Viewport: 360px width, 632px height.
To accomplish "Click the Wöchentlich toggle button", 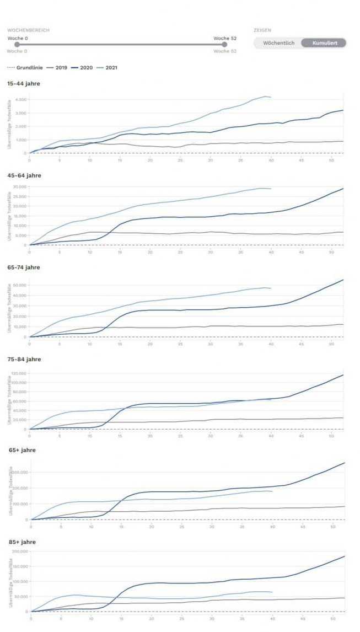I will click(278, 43).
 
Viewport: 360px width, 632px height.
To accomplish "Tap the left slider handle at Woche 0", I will click(17, 45).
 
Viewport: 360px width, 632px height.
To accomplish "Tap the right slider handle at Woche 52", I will click(224, 45).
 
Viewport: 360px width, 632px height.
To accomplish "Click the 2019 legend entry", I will click(57, 68).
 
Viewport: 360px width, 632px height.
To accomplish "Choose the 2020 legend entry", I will click(82, 68).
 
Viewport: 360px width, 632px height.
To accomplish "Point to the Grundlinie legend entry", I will click(25, 68).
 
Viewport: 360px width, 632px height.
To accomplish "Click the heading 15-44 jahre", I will click(24, 84).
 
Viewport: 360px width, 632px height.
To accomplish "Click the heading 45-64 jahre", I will click(24, 175).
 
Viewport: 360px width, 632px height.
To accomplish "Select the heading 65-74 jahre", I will click(24, 267).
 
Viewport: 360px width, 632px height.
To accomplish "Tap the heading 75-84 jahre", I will click(24, 359).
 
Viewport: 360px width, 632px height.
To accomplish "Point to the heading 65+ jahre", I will click(22, 450).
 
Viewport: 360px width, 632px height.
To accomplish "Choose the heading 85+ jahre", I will click(22, 542).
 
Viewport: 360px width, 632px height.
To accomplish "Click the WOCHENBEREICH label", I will click(28, 30).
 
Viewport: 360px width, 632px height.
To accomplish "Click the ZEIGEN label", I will click(262, 30).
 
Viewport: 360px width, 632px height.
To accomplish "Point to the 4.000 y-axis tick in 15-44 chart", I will click(21, 100).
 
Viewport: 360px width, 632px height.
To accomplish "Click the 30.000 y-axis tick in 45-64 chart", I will click(20, 186).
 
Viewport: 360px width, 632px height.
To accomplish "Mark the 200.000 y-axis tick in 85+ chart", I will click(20, 551).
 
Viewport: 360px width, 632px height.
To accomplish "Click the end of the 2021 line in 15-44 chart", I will click(271, 98).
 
